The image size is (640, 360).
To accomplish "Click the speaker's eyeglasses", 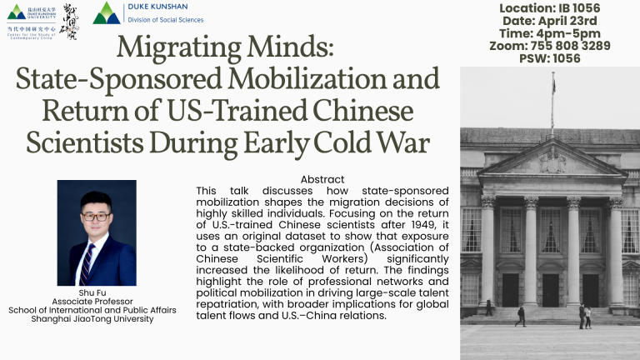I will pos(96,217).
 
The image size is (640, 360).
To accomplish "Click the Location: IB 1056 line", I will pos(552,7).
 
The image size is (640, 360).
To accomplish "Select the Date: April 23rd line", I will pos(552,21).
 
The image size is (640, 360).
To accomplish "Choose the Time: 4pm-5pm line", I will pos(552,33).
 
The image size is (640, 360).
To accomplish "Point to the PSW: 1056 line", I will pos(552,59).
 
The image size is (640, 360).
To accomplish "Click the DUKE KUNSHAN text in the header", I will pos(157,7).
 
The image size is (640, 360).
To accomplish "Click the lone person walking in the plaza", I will pos(521,315).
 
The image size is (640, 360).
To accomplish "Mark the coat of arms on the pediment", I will pos(551,160).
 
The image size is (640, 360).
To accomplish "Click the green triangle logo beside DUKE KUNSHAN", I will pos(106,12).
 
